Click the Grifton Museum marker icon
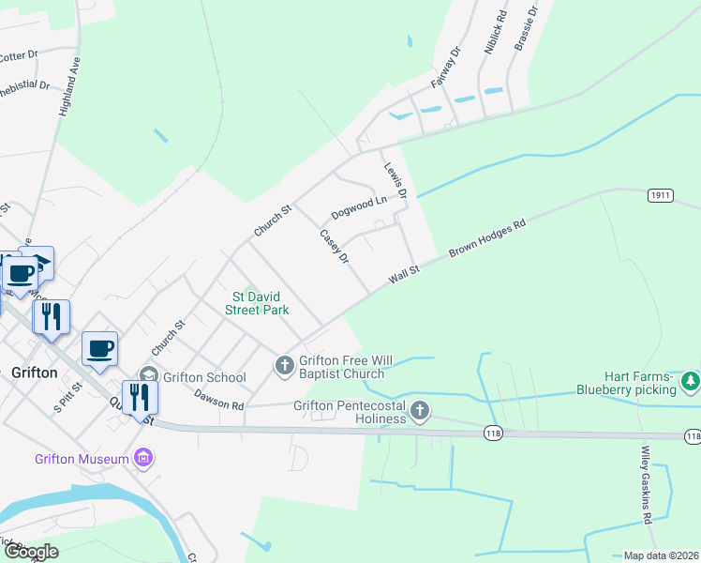[x=142, y=459]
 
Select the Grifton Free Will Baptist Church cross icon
[x=285, y=364]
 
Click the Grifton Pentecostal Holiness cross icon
[x=420, y=410]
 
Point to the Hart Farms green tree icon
[x=691, y=380]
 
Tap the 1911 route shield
[x=660, y=195]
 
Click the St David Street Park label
[x=261, y=302]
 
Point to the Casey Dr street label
[x=334, y=246]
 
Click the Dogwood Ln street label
[x=359, y=202]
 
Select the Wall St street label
[x=404, y=274]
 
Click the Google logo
[x=30, y=552]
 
